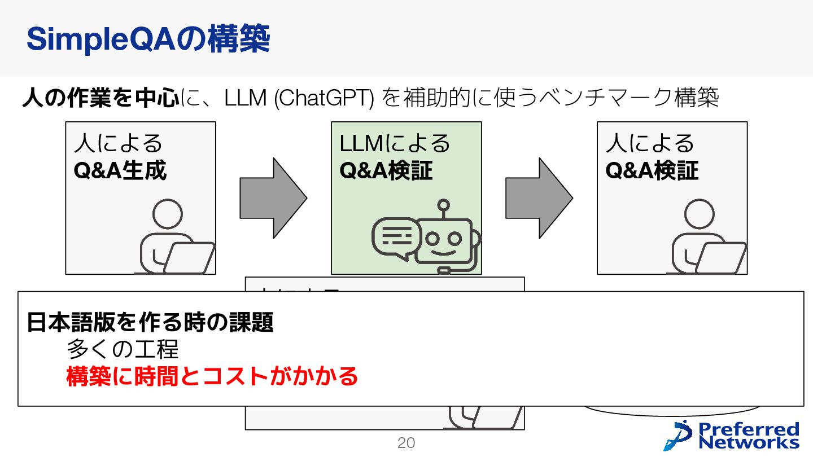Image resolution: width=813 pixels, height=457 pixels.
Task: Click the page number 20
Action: coord(406,443)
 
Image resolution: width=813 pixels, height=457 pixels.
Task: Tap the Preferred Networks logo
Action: coord(733,435)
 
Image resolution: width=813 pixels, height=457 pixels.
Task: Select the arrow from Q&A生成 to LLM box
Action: coord(273,198)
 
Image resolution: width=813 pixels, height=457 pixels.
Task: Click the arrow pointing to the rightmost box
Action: coord(539,198)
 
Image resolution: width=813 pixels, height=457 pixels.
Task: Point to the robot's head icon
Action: coord(443,240)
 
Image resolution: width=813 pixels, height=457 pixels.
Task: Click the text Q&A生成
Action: coord(120,170)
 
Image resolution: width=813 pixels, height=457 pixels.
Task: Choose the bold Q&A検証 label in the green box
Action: coord(386,170)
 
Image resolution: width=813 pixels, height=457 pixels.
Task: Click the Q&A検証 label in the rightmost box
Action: coord(652,170)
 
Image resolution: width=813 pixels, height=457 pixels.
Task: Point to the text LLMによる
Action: coord(395,143)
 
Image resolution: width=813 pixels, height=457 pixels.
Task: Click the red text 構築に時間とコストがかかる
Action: coord(212,376)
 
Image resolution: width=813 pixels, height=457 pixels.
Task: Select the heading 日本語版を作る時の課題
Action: coord(150,323)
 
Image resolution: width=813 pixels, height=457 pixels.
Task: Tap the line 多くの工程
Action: coord(123,349)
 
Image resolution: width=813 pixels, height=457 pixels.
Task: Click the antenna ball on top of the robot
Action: coord(444,204)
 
